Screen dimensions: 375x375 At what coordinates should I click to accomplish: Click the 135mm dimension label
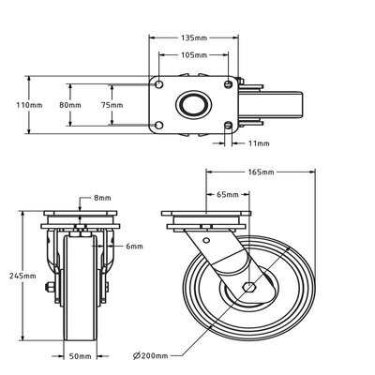pos(194,37)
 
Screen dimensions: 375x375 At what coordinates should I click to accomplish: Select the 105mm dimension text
pos(194,55)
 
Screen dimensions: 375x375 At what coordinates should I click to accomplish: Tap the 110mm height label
pos(29,105)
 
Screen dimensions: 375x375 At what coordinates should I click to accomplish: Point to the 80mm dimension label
pos(70,105)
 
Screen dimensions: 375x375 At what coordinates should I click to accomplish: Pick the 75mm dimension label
pos(112,105)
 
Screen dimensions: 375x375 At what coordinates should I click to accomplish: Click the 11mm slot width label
pos(259,143)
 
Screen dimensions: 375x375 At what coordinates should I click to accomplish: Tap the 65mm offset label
pos(228,195)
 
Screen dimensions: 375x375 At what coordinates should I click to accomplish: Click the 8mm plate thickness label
pos(102,198)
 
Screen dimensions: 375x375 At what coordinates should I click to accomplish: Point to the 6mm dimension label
pos(134,247)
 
